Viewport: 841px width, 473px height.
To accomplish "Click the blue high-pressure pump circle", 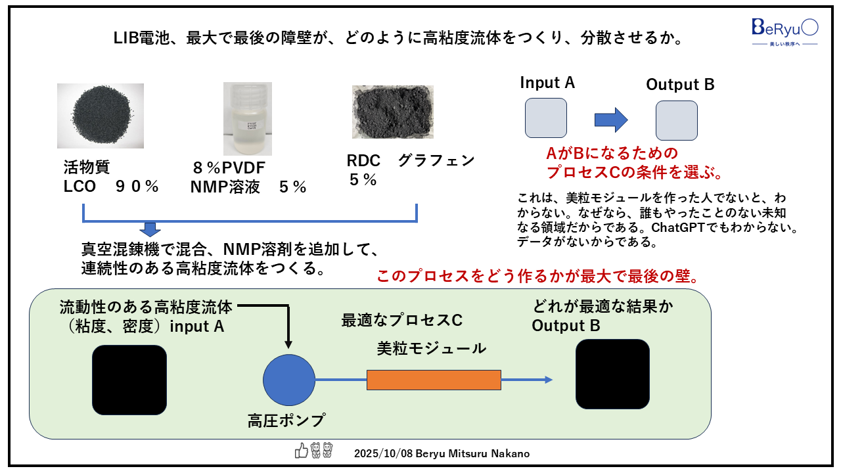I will [x=289, y=380].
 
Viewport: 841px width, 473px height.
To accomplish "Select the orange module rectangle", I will [x=434, y=380].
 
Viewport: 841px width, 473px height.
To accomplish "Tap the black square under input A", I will [x=129, y=380].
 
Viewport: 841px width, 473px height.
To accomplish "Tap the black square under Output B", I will [x=612, y=375].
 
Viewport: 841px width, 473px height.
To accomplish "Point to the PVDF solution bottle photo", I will [x=247, y=118].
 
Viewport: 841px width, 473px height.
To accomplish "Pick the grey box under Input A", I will [x=545, y=118].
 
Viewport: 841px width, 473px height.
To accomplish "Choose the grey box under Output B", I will [x=676, y=120].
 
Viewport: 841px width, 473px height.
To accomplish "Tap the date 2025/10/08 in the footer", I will [x=380, y=453].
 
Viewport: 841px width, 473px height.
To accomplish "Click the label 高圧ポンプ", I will [x=286, y=420].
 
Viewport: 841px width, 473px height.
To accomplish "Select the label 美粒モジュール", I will [x=432, y=348].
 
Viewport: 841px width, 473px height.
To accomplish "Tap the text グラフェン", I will [x=436, y=161].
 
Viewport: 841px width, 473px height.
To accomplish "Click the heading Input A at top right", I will [x=547, y=83].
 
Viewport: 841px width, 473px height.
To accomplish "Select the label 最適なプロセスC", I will [x=401, y=320].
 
